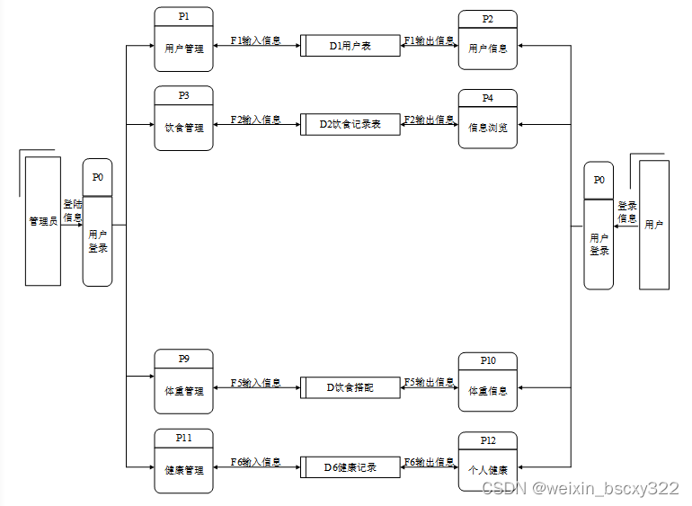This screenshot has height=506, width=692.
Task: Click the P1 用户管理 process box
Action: [183, 39]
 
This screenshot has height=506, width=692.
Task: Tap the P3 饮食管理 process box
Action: [183, 117]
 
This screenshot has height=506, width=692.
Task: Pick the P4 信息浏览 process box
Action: [487, 119]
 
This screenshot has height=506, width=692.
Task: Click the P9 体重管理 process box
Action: [183, 381]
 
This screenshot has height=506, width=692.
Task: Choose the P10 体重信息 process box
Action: [487, 382]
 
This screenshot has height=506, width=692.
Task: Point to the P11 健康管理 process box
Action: [183, 460]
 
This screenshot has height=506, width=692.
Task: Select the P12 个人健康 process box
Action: [487, 461]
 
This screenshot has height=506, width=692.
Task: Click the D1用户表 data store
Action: [350, 46]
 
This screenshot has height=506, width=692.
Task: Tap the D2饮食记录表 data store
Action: [350, 125]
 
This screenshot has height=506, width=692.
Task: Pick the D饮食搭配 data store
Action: [350, 388]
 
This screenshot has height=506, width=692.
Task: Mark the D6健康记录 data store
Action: [350, 467]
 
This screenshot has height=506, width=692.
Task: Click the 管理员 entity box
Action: [43, 221]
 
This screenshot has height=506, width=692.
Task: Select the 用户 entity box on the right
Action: [654, 225]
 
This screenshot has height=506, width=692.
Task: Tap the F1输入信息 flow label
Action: [255, 40]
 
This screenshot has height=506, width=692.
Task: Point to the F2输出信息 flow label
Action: [429, 120]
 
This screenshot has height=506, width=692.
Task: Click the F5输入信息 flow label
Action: [255, 383]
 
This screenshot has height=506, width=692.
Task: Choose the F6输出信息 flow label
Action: [429, 462]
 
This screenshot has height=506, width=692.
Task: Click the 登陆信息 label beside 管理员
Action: [73, 210]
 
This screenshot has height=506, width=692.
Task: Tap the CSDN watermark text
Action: [580, 488]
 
